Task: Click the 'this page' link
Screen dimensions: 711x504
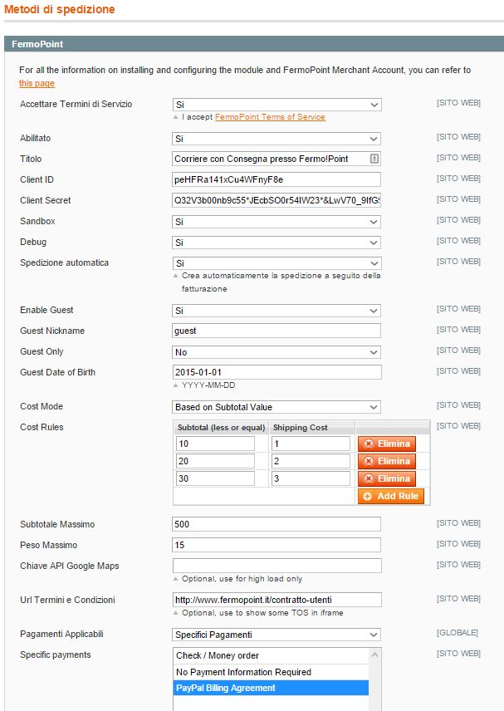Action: click(x=37, y=84)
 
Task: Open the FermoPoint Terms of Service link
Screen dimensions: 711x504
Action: click(x=270, y=117)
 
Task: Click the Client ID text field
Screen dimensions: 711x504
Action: click(x=276, y=179)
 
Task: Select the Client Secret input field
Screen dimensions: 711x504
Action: click(x=276, y=200)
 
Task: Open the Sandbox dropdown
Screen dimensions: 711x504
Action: click(x=276, y=222)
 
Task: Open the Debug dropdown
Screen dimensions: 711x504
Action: click(x=276, y=243)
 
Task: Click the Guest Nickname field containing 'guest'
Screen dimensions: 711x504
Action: click(x=276, y=331)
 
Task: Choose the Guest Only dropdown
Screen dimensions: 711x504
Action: click(x=276, y=352)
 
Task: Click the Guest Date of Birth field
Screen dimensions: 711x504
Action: click(x=276, y=372)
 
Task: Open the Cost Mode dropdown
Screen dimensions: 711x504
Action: click(x=276, y=407)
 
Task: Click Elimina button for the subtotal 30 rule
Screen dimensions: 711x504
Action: click(x=386, y=478)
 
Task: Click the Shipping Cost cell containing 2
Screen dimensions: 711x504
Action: click(x=311, y=461)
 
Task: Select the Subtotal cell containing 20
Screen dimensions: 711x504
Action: click(x=215, y=461)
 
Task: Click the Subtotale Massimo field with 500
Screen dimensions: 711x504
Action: click(x=276, y=524)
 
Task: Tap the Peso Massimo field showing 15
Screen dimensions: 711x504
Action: click(x=276, y=545)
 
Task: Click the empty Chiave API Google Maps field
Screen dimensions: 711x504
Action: click(x=276, y=566)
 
